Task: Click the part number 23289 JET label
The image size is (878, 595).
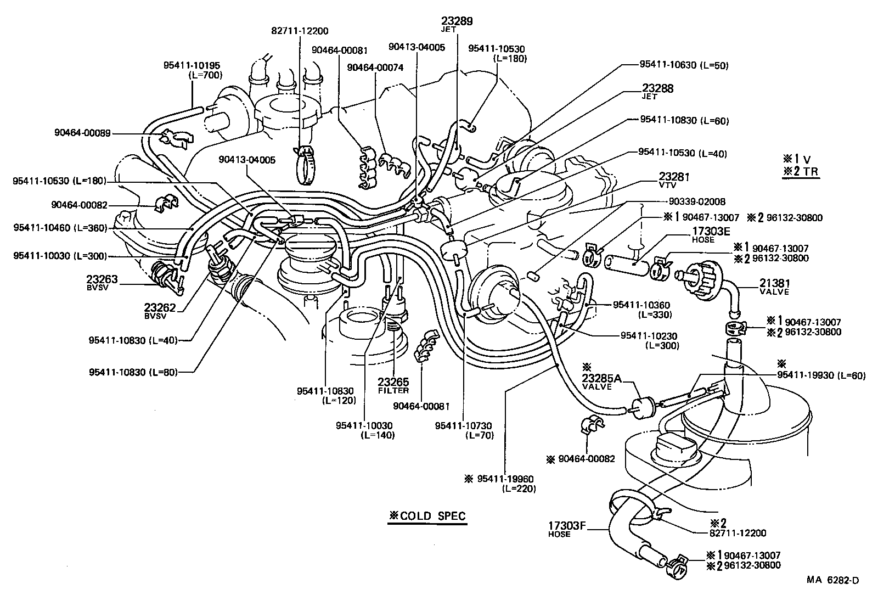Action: point(457,24)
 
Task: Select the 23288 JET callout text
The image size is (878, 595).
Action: point(657,91)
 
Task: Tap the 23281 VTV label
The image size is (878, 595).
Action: point(673,179)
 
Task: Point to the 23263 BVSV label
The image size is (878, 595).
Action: point(102,283)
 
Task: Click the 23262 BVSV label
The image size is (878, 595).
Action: point(160,311)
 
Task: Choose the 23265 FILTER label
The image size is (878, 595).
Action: point(393,385)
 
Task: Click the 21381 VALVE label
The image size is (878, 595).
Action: point(774,287)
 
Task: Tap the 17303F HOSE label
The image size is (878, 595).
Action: point(567,529)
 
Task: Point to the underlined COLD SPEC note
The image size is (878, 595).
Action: point(427,516)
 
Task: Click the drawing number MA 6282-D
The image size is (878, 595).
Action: point(832,580)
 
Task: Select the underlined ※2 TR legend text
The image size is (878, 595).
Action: point(801,172)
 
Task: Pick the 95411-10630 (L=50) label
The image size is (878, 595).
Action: point(683,65)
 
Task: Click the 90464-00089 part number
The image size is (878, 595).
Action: point(82,132)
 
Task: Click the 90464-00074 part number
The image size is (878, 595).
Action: point(375,67)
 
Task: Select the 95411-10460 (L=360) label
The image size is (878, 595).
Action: point(60,228)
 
